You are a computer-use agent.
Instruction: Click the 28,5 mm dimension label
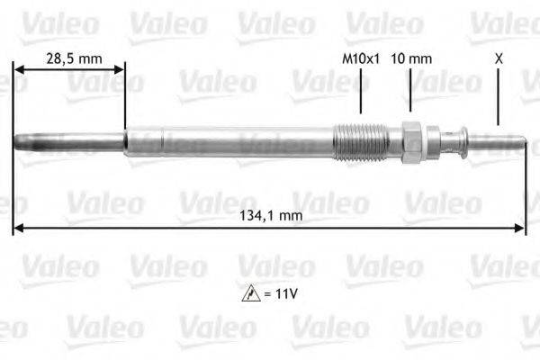(73, 58)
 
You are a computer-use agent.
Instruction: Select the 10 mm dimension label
(413, 58)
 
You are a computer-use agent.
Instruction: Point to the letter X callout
(499, 58)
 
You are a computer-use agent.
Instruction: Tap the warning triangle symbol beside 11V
(247, 293)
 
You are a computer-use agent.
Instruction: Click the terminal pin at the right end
(499, 141)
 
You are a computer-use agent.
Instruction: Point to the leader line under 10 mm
(410, 94)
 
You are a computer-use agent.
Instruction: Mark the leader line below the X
(498, 99)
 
